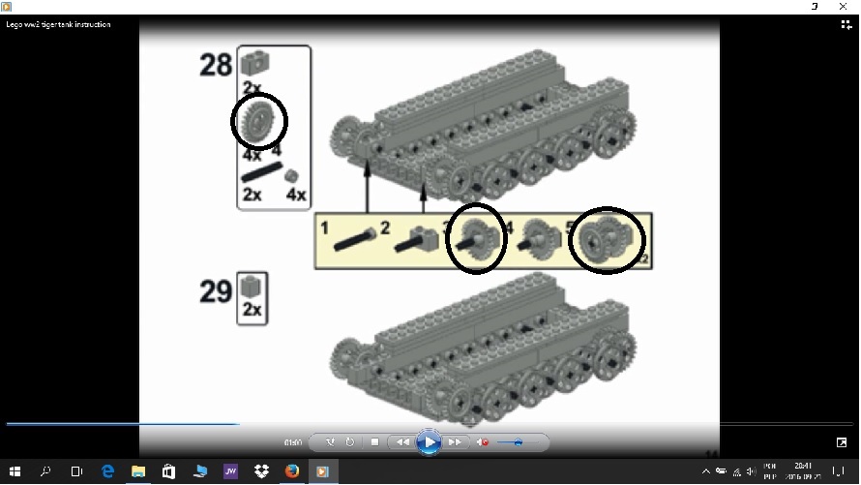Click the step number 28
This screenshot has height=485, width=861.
[x=216, y=66]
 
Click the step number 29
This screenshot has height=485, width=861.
[x=216, y=290]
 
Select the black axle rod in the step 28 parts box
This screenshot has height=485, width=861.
[x=259, y=174]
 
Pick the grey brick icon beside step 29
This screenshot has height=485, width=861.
[x=252, y=287]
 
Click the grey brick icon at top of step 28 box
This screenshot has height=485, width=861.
[x=255, y=63]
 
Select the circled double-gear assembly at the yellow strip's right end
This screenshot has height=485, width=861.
[x=606, y=240]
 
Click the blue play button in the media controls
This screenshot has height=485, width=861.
[x=429, y=442]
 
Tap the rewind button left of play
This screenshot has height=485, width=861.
[x=401, y=442]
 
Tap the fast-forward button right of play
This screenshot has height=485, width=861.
[x=454, y=442]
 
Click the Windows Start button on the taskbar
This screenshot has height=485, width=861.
[x=15, y=471]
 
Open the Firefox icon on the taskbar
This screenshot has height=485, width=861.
[x=292, y=471]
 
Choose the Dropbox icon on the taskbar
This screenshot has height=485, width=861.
[x=261, y=471]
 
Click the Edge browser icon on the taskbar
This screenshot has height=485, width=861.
[x=107, y=471]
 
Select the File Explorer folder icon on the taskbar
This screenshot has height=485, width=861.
[x=138, y=471]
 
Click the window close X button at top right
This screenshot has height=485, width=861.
[x=844, y=6]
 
